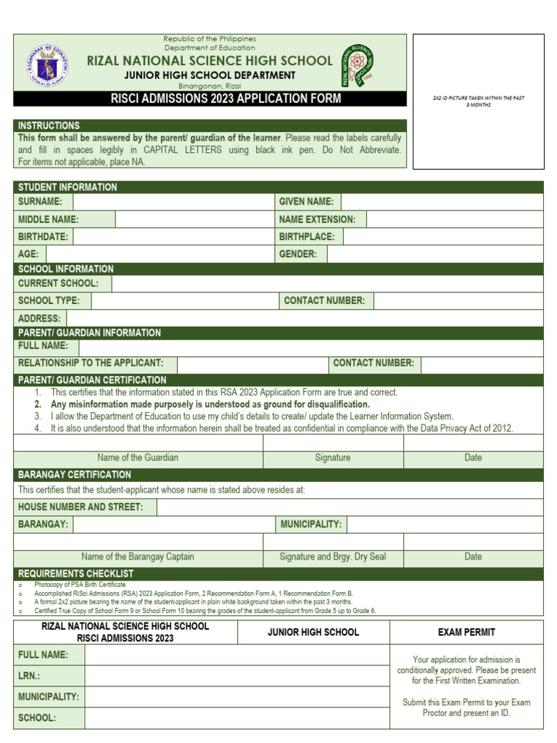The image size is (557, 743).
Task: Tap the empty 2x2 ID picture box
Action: tap(477, 102)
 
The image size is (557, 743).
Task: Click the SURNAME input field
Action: tap(174, 202)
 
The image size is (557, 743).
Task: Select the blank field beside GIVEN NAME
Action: tap(441, 202)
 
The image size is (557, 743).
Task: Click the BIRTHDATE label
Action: tap(44, 237)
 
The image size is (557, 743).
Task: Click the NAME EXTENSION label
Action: tap(317, 219)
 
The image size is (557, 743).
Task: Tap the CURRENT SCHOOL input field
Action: tap(327, 283)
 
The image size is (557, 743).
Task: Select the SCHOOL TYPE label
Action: tap(49, 300)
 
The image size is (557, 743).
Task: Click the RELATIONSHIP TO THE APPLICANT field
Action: tap(252, 363)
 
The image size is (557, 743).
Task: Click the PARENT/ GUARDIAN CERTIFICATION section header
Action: tap(92, 379)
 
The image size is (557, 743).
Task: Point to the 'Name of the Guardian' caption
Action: tap(138, 458)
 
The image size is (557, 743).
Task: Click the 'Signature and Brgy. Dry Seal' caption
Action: tap(333, 557)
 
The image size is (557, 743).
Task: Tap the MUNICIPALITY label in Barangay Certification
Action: tap(310, 524)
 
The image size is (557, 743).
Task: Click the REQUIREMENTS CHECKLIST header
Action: tap(75, 574)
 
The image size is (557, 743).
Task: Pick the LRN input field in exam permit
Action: tap(236, 676)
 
